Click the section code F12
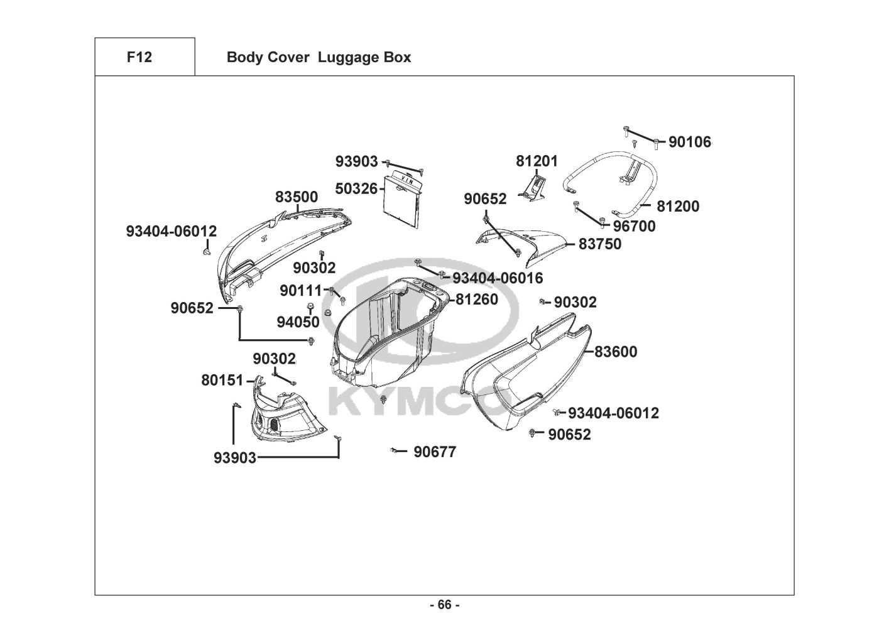(139, 57)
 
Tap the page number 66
(445, 605)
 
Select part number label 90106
(690, 142)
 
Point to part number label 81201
(537, 161)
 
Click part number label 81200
(678, 206)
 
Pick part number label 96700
(634, 226)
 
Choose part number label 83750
(599, 244)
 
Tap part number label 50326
(356, 189)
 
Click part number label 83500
(297, 197)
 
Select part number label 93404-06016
(498, 278)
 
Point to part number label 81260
(477, 300)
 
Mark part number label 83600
(616, 352)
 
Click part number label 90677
(435, 452)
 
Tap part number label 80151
(222, 381)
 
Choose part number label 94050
(298, 322)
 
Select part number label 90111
(301, 291)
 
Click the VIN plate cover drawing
(403, 201)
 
